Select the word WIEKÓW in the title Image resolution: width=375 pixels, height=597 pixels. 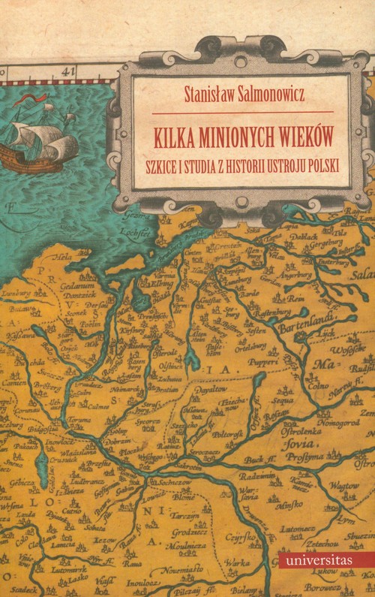coord(305,140)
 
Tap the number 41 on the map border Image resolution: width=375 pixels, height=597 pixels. coord(70,71)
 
